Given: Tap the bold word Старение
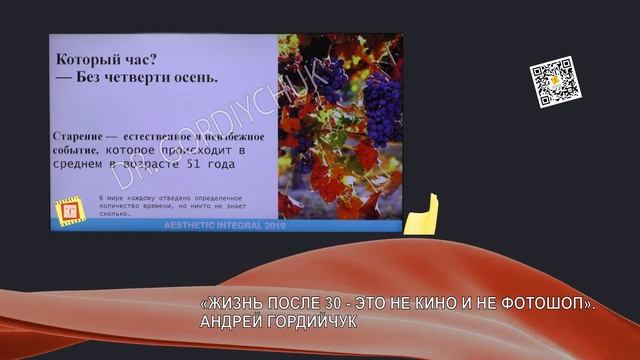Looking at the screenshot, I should click(x=82, y=136).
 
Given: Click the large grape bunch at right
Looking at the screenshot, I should click(x=379, y=100).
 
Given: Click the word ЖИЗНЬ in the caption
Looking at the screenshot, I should click(x=236, y=305).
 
